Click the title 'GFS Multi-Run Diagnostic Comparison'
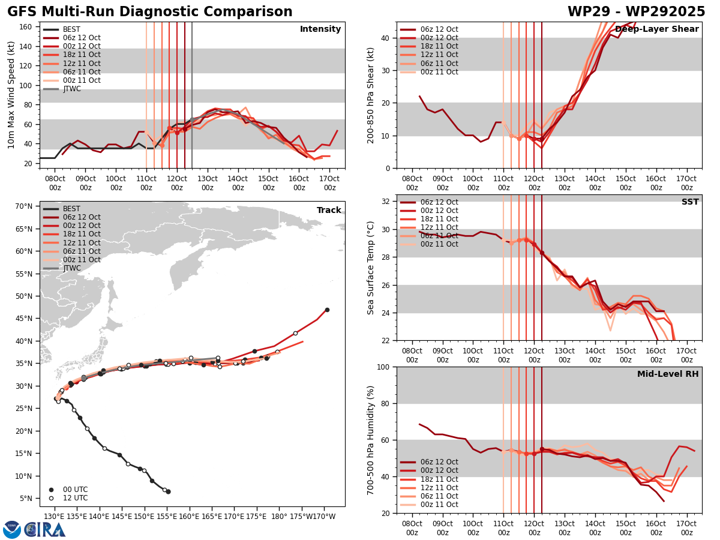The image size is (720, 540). point(150,12)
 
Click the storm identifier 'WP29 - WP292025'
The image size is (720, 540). point(636,12)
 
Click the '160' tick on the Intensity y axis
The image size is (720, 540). point(27,26)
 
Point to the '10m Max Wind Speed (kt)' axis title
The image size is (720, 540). point(11,95)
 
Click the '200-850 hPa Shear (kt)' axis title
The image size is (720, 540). point(371,95)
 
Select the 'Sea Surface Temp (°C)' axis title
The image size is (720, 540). point(371,268)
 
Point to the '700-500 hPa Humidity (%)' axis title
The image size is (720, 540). point(371,440)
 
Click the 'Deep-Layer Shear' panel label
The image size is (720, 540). point(656,29)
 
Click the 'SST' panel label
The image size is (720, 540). point(689,202)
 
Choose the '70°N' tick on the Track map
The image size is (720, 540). point(24,206)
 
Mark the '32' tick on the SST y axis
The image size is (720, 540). point(387,202)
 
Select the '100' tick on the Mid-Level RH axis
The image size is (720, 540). point(385,367)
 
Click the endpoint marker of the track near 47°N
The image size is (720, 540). point(327,310)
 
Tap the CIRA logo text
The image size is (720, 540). point(46,529)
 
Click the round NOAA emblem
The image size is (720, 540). point(11,529)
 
